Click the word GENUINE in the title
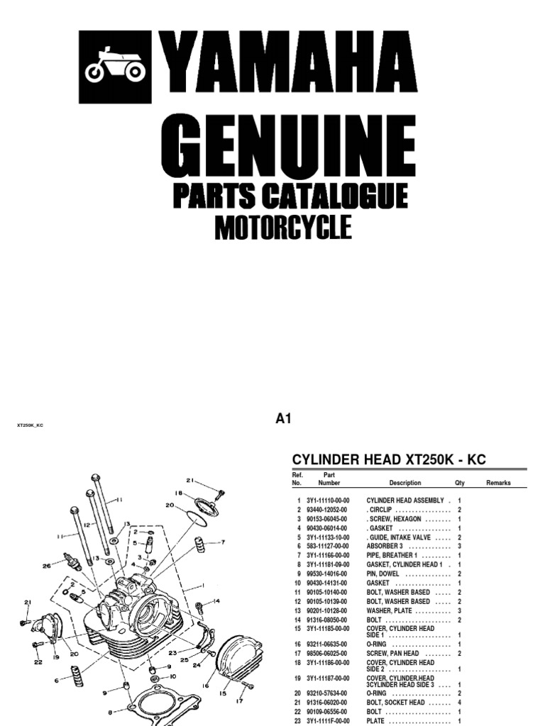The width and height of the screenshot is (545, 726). pyautogui.click(x=287, y=145)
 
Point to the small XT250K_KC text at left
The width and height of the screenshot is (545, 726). pyautogui.click(x=35, y=425)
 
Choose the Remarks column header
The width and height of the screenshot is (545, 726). pyautogui.click(x=498, y=483)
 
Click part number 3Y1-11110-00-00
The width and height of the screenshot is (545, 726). pyautogui.click(x=327, y=500)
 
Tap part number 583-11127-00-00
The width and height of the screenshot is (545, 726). pyautogui.click(x=327, y=546)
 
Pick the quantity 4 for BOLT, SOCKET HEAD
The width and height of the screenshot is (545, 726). pyautogui.click(x=459, y=703)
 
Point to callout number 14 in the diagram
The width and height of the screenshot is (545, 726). pyautogui.click(x=216, y=601)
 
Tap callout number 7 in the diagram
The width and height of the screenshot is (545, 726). pyautogui.click(x=222, y=542)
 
